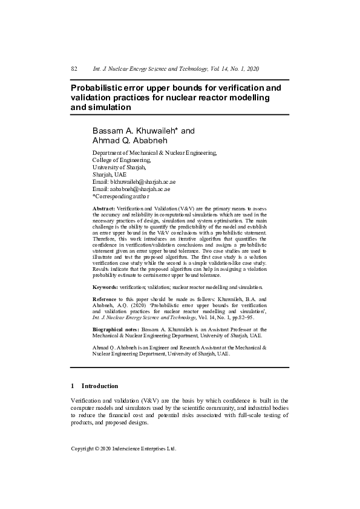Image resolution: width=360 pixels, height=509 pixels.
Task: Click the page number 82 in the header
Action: coord(74,69)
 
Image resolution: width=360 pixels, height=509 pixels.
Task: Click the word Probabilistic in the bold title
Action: coord(99,88)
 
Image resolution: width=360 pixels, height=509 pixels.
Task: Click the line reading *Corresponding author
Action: coord(121,196)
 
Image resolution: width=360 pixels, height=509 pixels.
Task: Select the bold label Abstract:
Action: coord(103,208)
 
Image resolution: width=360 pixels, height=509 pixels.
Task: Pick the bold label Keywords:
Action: coord(105,287)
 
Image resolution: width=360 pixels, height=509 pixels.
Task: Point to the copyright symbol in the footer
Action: coord(100,449)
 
